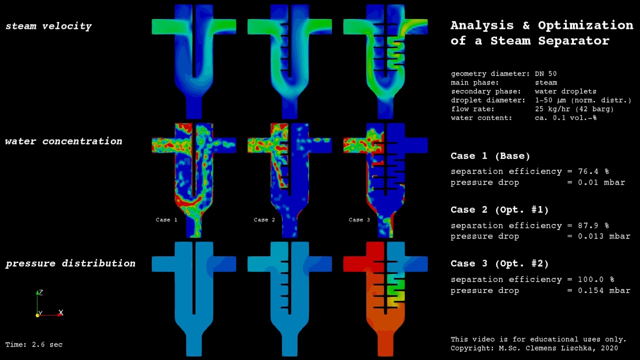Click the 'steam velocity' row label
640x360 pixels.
48,26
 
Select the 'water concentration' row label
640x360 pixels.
63,141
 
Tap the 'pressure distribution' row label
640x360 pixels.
70,263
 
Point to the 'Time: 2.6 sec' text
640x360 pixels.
33,344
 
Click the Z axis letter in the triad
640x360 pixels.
41,292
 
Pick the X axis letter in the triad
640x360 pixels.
61,312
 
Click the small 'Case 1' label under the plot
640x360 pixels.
166,219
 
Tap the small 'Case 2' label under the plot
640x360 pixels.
264,219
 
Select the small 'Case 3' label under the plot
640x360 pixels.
359,219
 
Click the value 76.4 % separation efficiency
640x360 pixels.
593,171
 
